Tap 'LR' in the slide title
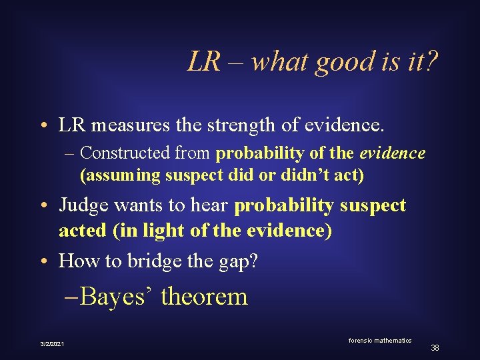click(x=204, y=62)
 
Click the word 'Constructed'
click(x=125, y=153)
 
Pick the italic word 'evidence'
click(x=392, y=153)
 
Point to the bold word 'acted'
click(x=83, y=231)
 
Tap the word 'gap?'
click(x=239, y=260)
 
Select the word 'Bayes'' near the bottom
click(x=117, y=296)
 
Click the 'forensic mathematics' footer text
click(x=380, y=341)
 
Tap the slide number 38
click(x=435, y=347)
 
